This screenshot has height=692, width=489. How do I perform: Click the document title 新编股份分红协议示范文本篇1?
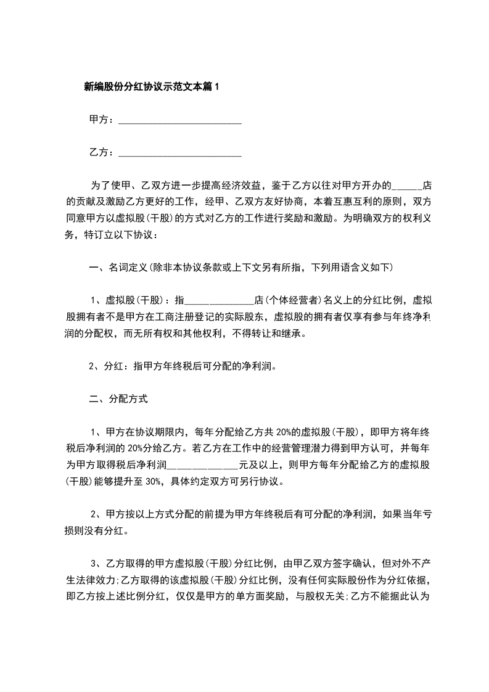click(151, 87)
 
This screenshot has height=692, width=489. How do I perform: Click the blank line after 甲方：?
click(179, 120)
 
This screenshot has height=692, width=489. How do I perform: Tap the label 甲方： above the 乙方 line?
click(102, 120)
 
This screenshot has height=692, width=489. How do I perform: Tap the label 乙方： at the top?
click(102, 152)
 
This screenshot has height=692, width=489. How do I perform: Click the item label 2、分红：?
click(112, 367)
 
